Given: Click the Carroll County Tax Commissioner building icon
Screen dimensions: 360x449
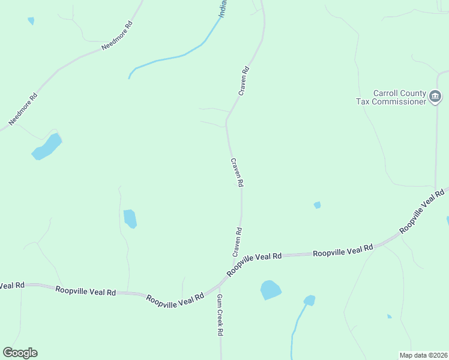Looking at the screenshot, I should click(x=435, y=96).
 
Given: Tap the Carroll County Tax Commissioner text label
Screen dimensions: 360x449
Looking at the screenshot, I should click(x=399, y=97).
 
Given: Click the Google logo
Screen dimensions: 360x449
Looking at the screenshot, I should click(x=20, y=353).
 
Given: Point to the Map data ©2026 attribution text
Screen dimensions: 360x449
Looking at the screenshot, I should click(x=423, y=355).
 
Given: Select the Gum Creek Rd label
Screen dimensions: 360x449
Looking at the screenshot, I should click(x=220, y=314).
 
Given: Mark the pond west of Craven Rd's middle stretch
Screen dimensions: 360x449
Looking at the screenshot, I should click(x=130, y=218).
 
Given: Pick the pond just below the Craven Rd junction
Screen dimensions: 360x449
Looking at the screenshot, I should click(x=270, y=290).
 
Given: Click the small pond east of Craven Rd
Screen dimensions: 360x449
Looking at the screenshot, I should click(x=317, y=205).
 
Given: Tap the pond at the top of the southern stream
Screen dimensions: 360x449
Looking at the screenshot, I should click(x=309, y=300).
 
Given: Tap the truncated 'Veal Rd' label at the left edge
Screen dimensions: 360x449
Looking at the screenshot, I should click(x=12, y=286).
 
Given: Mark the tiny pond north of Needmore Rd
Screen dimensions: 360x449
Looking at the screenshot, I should click(x=31, y=20).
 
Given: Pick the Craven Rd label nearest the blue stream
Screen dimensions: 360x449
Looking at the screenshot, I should click(x=243, y=81).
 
